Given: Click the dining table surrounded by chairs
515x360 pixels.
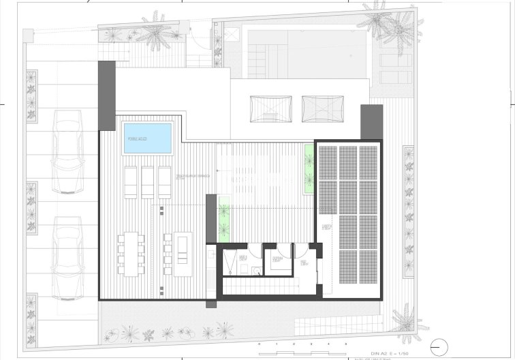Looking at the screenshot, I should coord(131,254).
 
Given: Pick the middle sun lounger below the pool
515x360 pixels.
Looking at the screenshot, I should coord(148,182).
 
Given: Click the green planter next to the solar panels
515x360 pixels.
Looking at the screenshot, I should coord(307,168).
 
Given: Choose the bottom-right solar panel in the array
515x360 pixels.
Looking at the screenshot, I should coord(368,267).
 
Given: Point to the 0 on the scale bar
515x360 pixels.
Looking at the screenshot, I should coord(260,344).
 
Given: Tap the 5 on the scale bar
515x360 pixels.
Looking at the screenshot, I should coord(345,344).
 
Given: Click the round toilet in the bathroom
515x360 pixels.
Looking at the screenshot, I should coord(255,271).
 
